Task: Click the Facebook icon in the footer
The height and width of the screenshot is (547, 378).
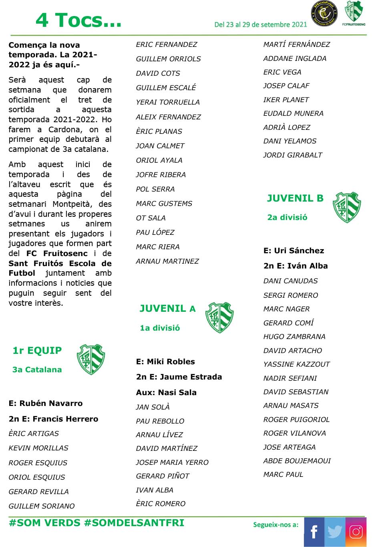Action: [314, 532]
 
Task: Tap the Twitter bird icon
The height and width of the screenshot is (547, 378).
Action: [335, 532]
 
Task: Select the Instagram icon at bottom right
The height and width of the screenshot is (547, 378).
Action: [356, 532]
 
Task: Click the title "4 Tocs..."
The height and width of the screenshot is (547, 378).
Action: [78, 20]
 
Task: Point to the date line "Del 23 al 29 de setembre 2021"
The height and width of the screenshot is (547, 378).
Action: [261, 24]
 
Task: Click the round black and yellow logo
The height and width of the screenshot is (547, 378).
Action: [324, 14]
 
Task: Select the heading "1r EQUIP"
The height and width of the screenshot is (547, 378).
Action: [37, 351]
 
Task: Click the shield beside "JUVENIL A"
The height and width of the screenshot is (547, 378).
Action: [219, 317]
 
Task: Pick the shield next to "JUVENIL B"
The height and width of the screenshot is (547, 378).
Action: [347, 207]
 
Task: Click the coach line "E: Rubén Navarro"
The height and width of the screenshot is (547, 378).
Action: [46, 403]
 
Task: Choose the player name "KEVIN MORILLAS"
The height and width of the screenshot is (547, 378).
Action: [38, 448]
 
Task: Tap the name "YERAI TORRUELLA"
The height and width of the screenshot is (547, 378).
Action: [168, 102]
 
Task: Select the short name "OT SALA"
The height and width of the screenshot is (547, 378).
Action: [151, 218]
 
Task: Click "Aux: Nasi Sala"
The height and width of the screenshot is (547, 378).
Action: [166, 392]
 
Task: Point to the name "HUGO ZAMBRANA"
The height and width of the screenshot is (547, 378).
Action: [294, 337]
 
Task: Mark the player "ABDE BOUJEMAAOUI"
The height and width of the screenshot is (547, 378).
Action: [297, 461]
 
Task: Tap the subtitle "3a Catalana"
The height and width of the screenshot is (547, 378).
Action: [37, 369]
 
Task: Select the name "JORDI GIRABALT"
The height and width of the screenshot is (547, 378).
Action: [293, 155]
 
